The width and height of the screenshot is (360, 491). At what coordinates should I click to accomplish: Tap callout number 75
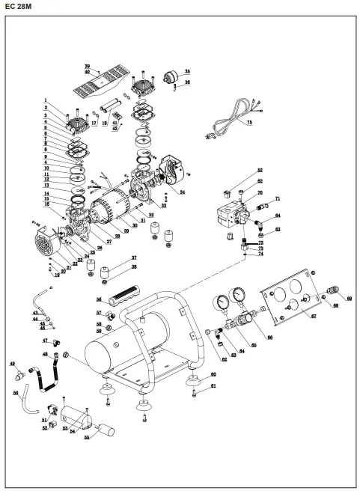251,121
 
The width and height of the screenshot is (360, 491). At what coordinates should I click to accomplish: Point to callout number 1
45,100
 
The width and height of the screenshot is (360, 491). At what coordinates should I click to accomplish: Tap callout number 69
348,299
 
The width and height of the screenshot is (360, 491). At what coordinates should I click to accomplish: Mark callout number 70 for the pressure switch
260,193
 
